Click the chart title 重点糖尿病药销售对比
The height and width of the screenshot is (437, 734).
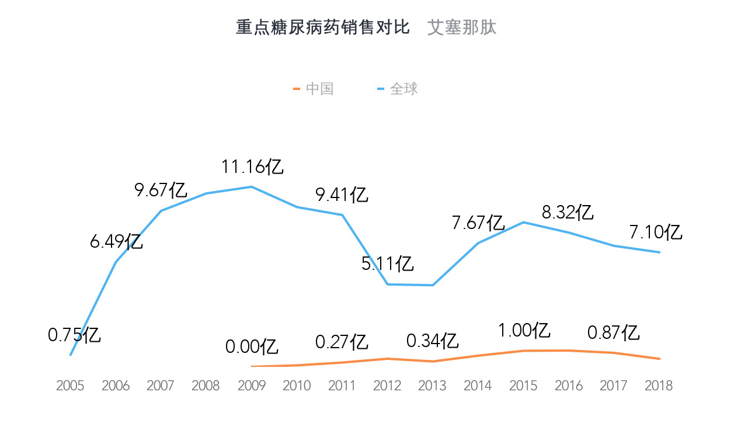tap(323, 27)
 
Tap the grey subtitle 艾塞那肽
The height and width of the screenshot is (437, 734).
tap(462, 27)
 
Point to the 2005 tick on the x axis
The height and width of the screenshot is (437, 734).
tap(70, 386)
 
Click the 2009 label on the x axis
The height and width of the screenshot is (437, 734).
tap(252, 386)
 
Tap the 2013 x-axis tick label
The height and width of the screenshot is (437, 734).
tap(433, 386)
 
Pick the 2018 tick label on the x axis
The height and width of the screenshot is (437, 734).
tap(659, 386)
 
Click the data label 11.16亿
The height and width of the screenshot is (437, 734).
tap(252, 167)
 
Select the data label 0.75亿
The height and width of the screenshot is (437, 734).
tap(74, 335)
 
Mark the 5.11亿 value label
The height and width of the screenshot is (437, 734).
tap(388, 264)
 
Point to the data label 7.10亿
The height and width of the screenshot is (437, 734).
tap(656, 233)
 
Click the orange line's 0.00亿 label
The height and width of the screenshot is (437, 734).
tap(252, 346)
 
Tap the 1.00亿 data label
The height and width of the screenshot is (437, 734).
tap(524, 331)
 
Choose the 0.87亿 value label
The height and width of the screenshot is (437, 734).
tap(614, 333)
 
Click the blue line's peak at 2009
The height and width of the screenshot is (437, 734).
tap(252, 187)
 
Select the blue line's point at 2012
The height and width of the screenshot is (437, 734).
tap(388, 285)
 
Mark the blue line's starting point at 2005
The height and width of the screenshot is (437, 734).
tap(70, 355)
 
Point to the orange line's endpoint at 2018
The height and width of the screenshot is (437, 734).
tap(659, 359)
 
